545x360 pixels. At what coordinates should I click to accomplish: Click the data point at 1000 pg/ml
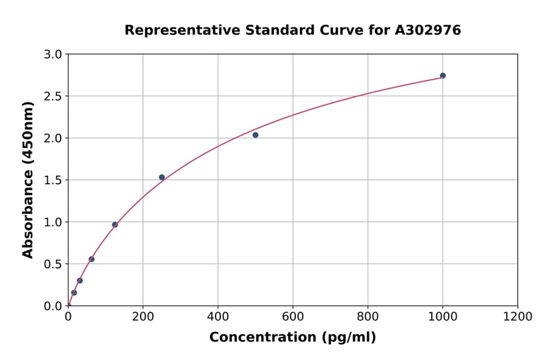(443, 76)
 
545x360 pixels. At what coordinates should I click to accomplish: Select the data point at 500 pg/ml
(256, 135)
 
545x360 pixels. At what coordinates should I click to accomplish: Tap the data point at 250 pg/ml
(162, 178)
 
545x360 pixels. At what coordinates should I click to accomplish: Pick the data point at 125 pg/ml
(115, 225)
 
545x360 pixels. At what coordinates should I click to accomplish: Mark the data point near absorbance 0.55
(91, 259)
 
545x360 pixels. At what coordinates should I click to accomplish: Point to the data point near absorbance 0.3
(80, 281)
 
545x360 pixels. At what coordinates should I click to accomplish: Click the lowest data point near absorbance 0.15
(74, 293)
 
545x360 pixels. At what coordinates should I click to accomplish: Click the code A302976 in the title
(428, 30)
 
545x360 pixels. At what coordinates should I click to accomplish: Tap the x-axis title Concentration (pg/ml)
(292, 338)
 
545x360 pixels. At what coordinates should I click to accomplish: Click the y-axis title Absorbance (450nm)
(28, 180)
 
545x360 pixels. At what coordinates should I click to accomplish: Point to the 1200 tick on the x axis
(517, 317)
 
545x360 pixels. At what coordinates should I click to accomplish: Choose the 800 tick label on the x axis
(368, 317)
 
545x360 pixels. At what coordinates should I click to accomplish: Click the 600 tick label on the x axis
(292, 317)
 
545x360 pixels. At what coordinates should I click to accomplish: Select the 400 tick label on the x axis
(218, 317)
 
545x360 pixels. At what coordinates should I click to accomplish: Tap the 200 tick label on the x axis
(143, 317)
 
